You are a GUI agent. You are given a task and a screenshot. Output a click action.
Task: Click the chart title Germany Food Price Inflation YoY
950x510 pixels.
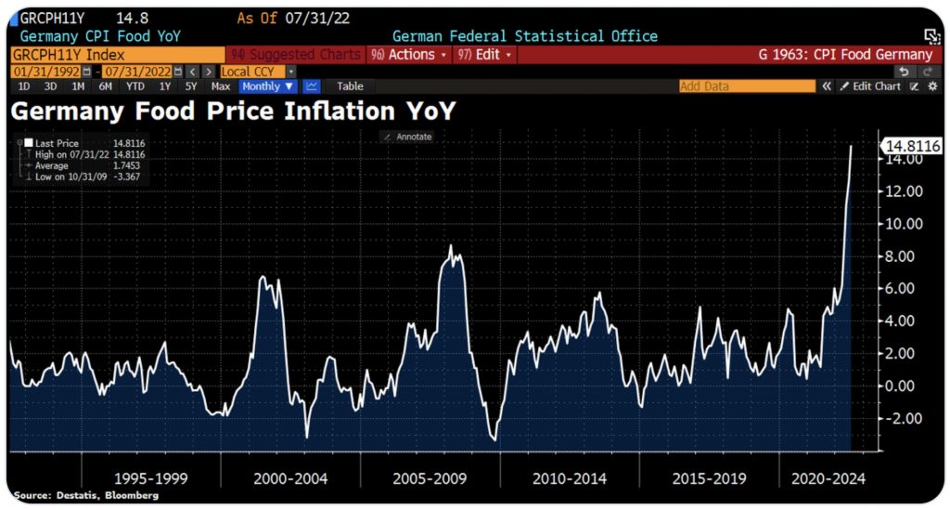coord(233,111)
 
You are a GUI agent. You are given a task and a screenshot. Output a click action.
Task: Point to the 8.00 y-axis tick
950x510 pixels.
coord(902,256)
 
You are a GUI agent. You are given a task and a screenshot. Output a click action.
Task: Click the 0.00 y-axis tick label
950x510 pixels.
coord(902,386)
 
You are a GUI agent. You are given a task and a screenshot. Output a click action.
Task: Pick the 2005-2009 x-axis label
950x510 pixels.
coord(430,479)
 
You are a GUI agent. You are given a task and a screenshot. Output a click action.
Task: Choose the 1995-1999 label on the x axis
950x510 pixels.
coord(150,479)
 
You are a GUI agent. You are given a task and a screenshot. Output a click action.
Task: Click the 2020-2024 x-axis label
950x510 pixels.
coord(828,479)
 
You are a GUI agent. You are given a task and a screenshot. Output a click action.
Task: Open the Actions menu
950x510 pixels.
coord(408,55)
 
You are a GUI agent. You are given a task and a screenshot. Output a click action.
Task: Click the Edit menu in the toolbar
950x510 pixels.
coord(485,55)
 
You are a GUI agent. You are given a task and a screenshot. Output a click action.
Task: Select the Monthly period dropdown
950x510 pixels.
coord(268,86)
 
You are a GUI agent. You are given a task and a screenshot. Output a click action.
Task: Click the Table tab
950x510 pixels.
coord(350,86)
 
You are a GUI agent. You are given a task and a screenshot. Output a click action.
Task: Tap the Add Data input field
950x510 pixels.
coord(747,86)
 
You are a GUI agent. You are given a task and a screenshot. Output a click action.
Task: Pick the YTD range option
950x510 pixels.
coord(135,86)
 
